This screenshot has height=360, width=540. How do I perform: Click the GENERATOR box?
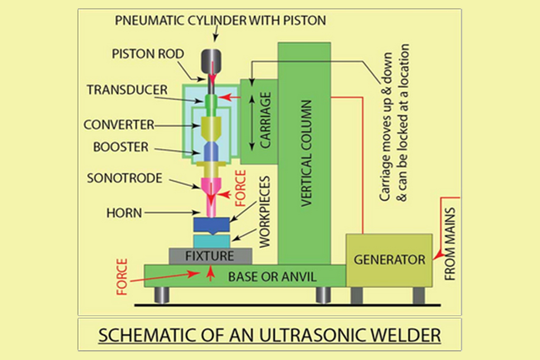389,260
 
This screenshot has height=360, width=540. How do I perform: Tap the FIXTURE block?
209,257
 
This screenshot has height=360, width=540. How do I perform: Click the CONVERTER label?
119,125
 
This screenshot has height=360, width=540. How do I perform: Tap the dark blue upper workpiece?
212,224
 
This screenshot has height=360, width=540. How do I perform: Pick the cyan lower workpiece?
212,241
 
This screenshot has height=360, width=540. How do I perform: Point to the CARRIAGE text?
265,121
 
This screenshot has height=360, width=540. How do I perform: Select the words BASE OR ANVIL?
272,277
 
